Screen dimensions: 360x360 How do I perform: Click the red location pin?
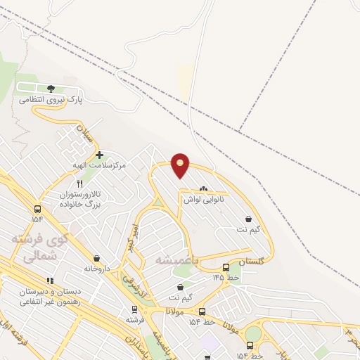[x=181, y=165]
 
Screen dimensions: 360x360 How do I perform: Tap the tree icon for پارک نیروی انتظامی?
[x=51, y=89]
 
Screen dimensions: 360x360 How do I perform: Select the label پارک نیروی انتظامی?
[x=51, y=100]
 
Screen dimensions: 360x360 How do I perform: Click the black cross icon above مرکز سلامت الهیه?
[x=99, y=155]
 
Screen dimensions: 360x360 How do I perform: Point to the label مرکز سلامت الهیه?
[x=99, y=165]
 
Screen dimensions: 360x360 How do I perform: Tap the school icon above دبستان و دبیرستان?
[x=49, y=281]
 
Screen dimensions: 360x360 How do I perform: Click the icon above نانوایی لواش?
[x=203, y=188]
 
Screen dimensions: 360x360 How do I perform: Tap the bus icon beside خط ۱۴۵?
[x=226, y=267]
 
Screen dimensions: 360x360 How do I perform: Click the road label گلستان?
[x=252, y=262]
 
